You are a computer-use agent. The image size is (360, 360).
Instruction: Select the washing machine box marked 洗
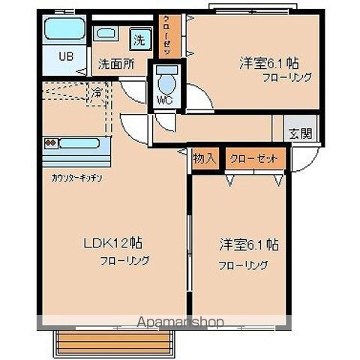(139, 36)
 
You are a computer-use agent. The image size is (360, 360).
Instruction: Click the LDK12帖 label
(113, 244)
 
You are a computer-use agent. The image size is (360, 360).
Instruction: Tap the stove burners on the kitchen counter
(51, 142)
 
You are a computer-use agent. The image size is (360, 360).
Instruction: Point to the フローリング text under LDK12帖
(125, 261)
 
